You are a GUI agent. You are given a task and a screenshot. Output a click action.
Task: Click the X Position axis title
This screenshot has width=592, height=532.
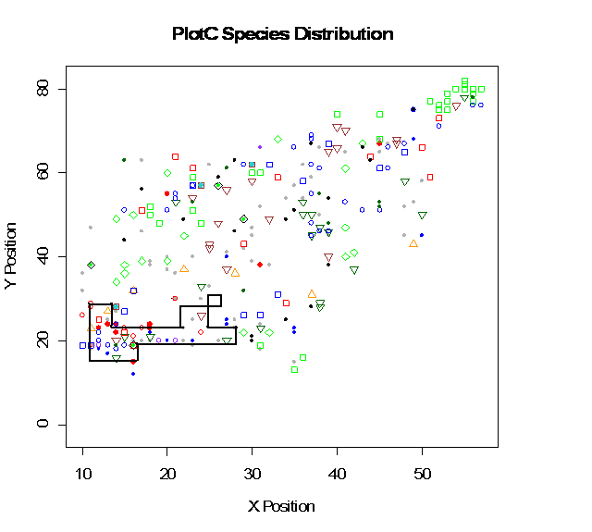coord(281,507)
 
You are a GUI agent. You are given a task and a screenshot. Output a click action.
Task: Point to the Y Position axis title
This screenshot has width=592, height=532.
coord(12,256)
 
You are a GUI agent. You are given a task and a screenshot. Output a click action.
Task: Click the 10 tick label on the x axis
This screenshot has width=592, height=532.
coord(83,474)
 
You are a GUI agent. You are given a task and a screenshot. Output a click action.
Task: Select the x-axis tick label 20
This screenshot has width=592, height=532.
coord(167,474)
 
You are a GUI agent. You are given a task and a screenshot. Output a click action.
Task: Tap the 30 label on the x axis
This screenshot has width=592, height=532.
coord(253,474)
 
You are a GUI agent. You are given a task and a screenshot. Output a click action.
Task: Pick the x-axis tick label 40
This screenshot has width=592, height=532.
coord(338,474)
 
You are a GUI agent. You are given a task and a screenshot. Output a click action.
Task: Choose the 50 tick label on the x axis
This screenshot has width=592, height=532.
coord(422,474)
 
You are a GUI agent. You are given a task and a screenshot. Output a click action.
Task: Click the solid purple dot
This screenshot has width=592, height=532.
coord(260,147)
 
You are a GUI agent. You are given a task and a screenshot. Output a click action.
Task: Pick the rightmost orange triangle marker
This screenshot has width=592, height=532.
coord(413,243)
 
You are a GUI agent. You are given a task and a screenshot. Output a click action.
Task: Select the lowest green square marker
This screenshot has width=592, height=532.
coord(294,369)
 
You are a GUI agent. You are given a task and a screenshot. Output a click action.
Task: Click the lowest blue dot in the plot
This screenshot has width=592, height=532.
coord(133,374)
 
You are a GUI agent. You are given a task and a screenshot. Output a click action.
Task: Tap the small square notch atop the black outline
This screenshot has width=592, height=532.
coord(215,300)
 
